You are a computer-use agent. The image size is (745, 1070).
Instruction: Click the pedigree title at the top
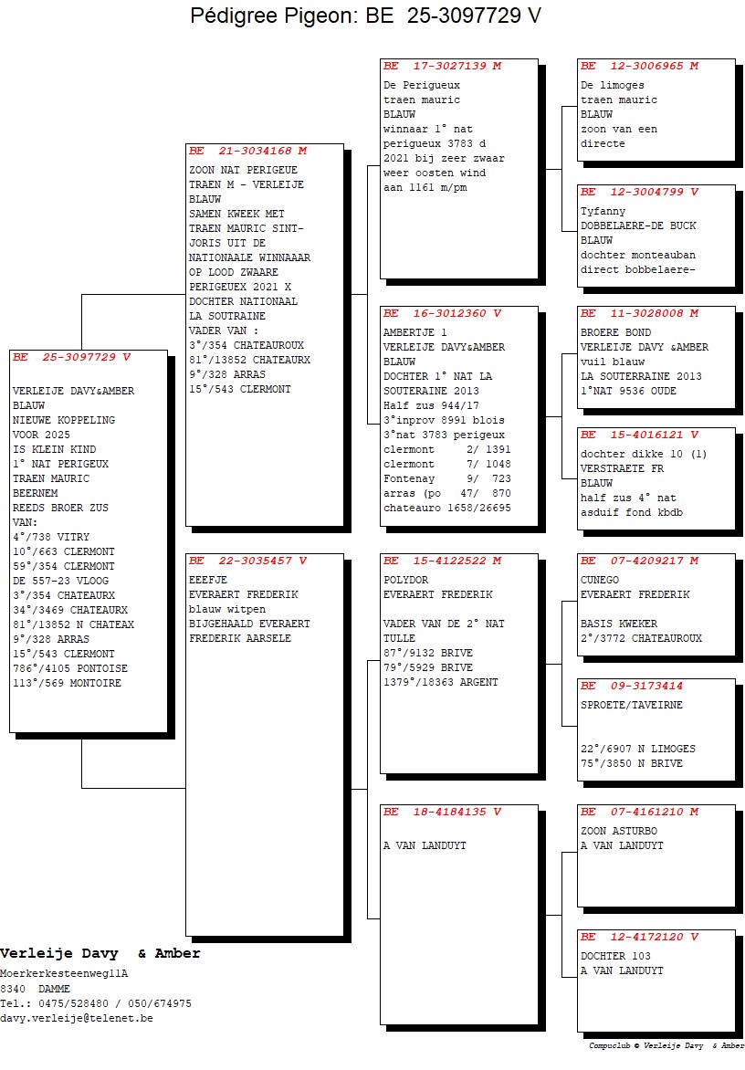365,15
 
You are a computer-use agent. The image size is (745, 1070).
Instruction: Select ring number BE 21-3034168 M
248,151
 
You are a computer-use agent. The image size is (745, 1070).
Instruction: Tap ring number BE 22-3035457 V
248,561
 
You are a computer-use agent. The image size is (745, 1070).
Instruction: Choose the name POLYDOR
406,580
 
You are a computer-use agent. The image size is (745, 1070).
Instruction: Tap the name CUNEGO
600,580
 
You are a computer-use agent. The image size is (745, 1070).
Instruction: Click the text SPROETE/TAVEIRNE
631,705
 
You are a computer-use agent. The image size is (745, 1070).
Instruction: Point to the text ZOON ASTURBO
619,831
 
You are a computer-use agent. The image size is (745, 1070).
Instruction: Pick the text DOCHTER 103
615,956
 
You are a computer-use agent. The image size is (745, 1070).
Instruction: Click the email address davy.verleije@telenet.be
77,1018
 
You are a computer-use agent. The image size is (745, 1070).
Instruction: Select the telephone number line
96,1003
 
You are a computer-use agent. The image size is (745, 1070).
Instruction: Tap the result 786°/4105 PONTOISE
70,668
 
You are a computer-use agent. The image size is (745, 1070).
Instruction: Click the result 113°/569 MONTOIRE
67,683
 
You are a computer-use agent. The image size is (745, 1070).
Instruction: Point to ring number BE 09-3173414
632,686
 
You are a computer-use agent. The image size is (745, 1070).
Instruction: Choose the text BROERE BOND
615,332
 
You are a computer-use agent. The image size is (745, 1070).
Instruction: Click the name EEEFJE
208,580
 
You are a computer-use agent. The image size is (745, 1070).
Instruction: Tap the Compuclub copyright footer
666,1045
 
